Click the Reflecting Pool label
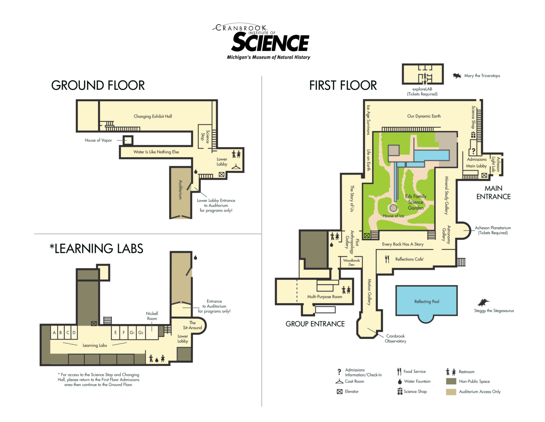[426, 302]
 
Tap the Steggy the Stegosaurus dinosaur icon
[483, 303]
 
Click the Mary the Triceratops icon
[457, 76]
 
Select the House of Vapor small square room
[128, 140]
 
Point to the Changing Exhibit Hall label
[153, 116]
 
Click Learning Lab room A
[54, 333]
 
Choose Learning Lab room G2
[141, 333]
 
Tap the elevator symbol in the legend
[340, 391]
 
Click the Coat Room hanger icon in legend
[339, 382]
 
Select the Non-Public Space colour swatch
[451, 382]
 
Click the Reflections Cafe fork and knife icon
[387, 259]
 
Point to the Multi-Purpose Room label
[324, 297]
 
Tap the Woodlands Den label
[351, 263]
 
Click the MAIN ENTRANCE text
[493, 193]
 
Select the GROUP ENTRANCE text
[315, 324]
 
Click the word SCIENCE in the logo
[270, 43]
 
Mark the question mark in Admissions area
[473, 151]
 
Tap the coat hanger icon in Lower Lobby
[236, 167]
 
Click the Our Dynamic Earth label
[424, 116]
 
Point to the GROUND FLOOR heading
[98, 86]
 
